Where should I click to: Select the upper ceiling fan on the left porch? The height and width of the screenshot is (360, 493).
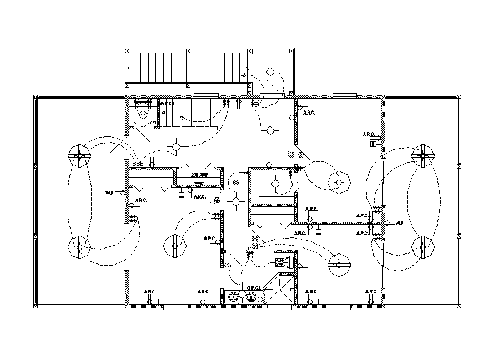[x=79, y=156]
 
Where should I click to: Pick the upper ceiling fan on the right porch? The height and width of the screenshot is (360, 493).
[x=424, y=156]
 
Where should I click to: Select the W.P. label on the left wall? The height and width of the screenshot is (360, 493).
[x=109, y=192]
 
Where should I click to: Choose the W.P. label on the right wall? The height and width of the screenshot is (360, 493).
[x=399, y=223]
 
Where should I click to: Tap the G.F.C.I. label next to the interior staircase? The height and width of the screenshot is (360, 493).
[x=168, y=103]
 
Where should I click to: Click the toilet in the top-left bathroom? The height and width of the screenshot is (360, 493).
[x=143, y=109]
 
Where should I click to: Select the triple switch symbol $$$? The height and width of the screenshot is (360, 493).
[x=138, y=164]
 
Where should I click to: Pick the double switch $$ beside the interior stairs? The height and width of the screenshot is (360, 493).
[x=226, y=103]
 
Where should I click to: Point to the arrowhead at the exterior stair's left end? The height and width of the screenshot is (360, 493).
[x=129, y=68]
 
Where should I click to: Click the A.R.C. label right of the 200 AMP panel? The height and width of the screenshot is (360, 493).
[x=200, y=197]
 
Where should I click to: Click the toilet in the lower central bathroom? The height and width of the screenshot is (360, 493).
[x=285, y=262]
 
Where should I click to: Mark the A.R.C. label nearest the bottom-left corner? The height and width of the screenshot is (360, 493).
[x=149, y=292]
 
